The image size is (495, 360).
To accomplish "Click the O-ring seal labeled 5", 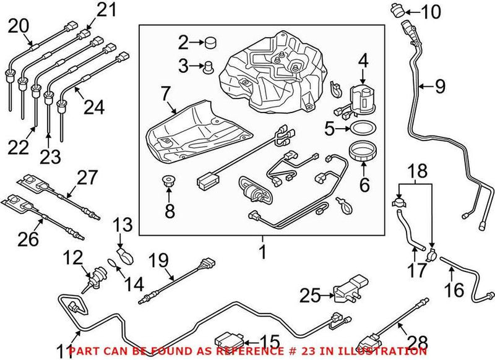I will pyautogui.click(x=363, y=129).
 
